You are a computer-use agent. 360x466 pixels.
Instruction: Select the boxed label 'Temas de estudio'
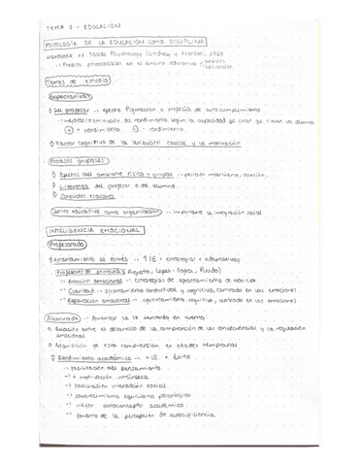[69, 82]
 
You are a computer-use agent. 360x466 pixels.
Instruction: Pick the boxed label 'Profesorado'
[68, 246]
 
